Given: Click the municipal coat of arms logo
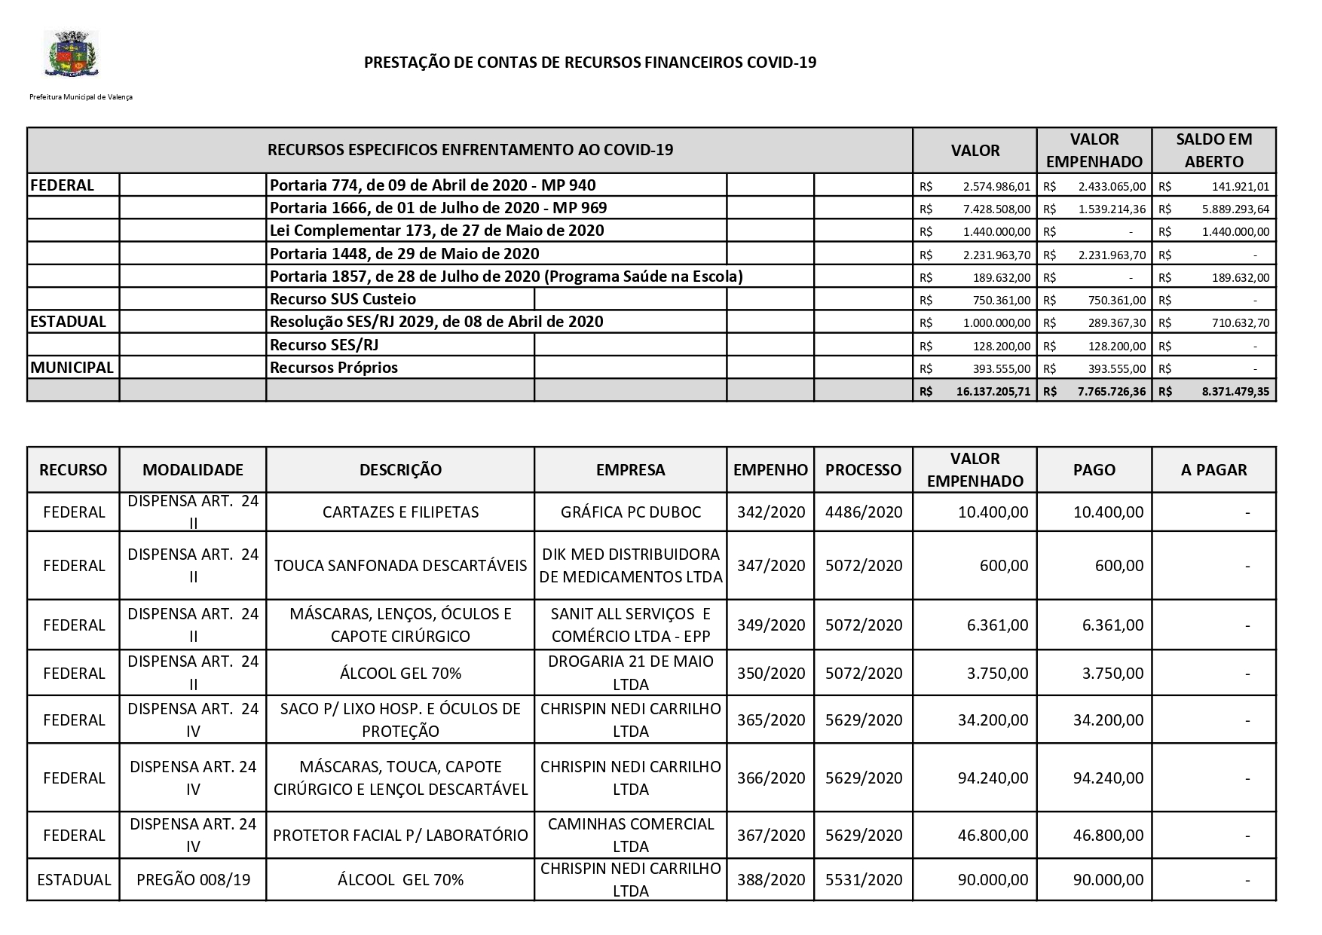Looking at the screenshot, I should [72, 53].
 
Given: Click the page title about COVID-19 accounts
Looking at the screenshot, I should [590, 63].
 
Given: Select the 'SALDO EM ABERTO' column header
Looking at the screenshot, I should [1213, 150].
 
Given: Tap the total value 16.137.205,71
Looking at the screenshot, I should [993, 392].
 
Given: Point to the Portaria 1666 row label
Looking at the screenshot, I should [438, 208].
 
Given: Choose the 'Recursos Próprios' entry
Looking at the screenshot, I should [334, 368].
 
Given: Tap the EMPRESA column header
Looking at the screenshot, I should [630, 470].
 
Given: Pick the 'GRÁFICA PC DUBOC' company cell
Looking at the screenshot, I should [630, 512].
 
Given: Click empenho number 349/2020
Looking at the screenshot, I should [770, 625].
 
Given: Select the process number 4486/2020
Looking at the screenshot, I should [863, 512].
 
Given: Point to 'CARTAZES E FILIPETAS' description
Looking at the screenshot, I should [400, 512].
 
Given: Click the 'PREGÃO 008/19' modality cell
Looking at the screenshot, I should [193, 879].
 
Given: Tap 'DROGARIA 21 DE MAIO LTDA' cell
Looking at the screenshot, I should [630, 673].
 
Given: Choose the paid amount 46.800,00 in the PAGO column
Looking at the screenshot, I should [1108, 835].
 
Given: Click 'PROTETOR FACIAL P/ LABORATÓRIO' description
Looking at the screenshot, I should [400, 835].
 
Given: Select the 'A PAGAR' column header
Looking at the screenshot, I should [1213, 470].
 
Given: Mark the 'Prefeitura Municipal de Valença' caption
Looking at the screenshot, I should [81, 97].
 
